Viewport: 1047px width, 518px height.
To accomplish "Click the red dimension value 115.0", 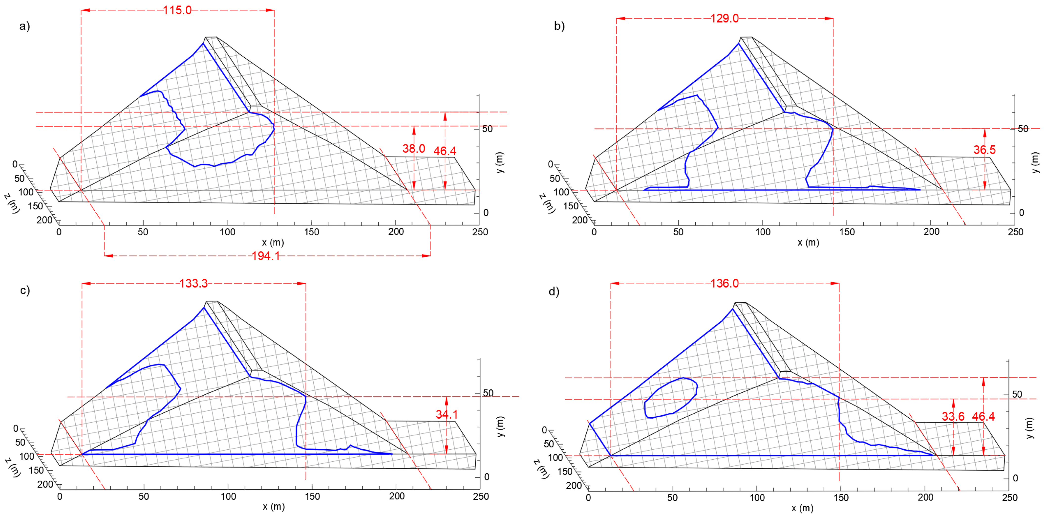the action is click(x=177, y=10).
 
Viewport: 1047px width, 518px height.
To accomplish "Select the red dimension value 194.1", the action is click(x=266, y=256).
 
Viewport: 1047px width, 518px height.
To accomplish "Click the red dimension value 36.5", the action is click(x=984, y=150).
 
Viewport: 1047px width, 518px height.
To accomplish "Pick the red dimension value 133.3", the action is click(x=193, y=283).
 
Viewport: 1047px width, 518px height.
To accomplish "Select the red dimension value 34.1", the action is click(x=447, y=414).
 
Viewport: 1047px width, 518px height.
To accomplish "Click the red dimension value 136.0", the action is click(x=725, y=283).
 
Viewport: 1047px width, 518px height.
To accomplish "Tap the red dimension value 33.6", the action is click(x=953, y=416).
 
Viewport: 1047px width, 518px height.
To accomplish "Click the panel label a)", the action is click(x=24, y=26).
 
